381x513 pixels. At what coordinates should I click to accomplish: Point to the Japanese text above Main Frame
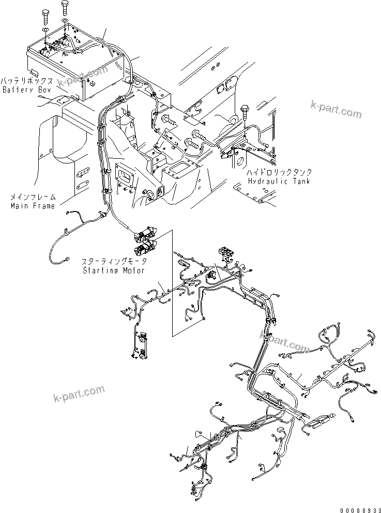tap(33, 198)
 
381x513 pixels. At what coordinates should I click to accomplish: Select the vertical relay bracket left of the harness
tap(139, 345)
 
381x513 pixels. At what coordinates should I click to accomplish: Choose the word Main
tap(19, 206)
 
